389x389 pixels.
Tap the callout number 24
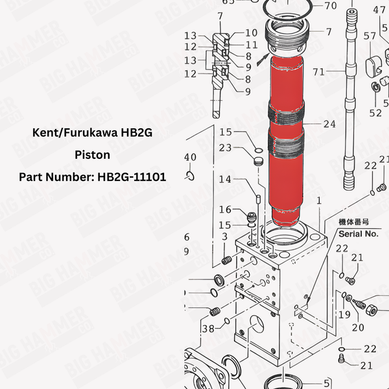[x=329, y=123]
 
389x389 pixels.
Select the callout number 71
[x=318, y=71]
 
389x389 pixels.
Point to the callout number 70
[x=330, y=6]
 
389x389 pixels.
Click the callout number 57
[x=370, y=36]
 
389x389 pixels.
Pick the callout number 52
[x=375, y=112]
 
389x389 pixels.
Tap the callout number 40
[x=190, y=157]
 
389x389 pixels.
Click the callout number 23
[x=225, y=147]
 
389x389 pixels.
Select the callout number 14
[x=225, y=179]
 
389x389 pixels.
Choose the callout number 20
[x=358, y=327]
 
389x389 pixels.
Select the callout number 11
[x=252, y=45]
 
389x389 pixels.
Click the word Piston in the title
[x=92, y=156]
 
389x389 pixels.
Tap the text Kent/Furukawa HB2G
[x=92, y=133]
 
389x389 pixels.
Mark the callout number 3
[x=225, y=237]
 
